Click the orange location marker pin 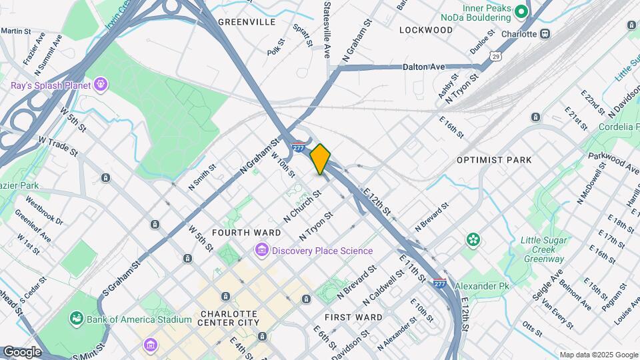[x=320, y=159]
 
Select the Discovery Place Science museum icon [x=261, y=251]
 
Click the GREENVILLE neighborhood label [x=246, y=22]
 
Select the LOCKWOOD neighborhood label [x=426, y=30]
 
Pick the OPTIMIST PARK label [x=494, y=160]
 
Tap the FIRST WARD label [x=353, y=317]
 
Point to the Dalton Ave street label [x=423, y=67]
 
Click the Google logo [x=22, y=351]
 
